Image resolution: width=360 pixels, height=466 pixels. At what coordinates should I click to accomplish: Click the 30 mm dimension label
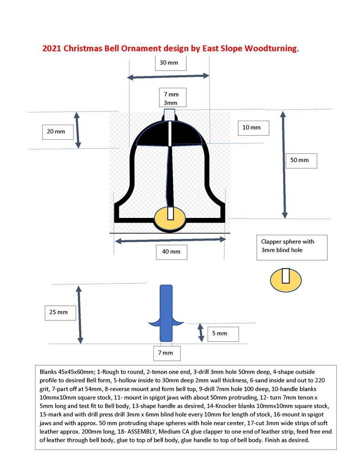tap(169, 62)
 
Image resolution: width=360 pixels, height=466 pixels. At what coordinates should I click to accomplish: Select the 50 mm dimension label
tap(300, 160)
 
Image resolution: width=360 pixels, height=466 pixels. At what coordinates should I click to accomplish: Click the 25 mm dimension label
tap(59, 312)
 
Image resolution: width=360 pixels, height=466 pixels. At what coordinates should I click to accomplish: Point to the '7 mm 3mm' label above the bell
tap(171, 99)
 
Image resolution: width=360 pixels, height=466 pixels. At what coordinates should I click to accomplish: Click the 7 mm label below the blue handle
tap(166, 353)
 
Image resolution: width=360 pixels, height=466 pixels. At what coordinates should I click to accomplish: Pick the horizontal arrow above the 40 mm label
tap(170, 239)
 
